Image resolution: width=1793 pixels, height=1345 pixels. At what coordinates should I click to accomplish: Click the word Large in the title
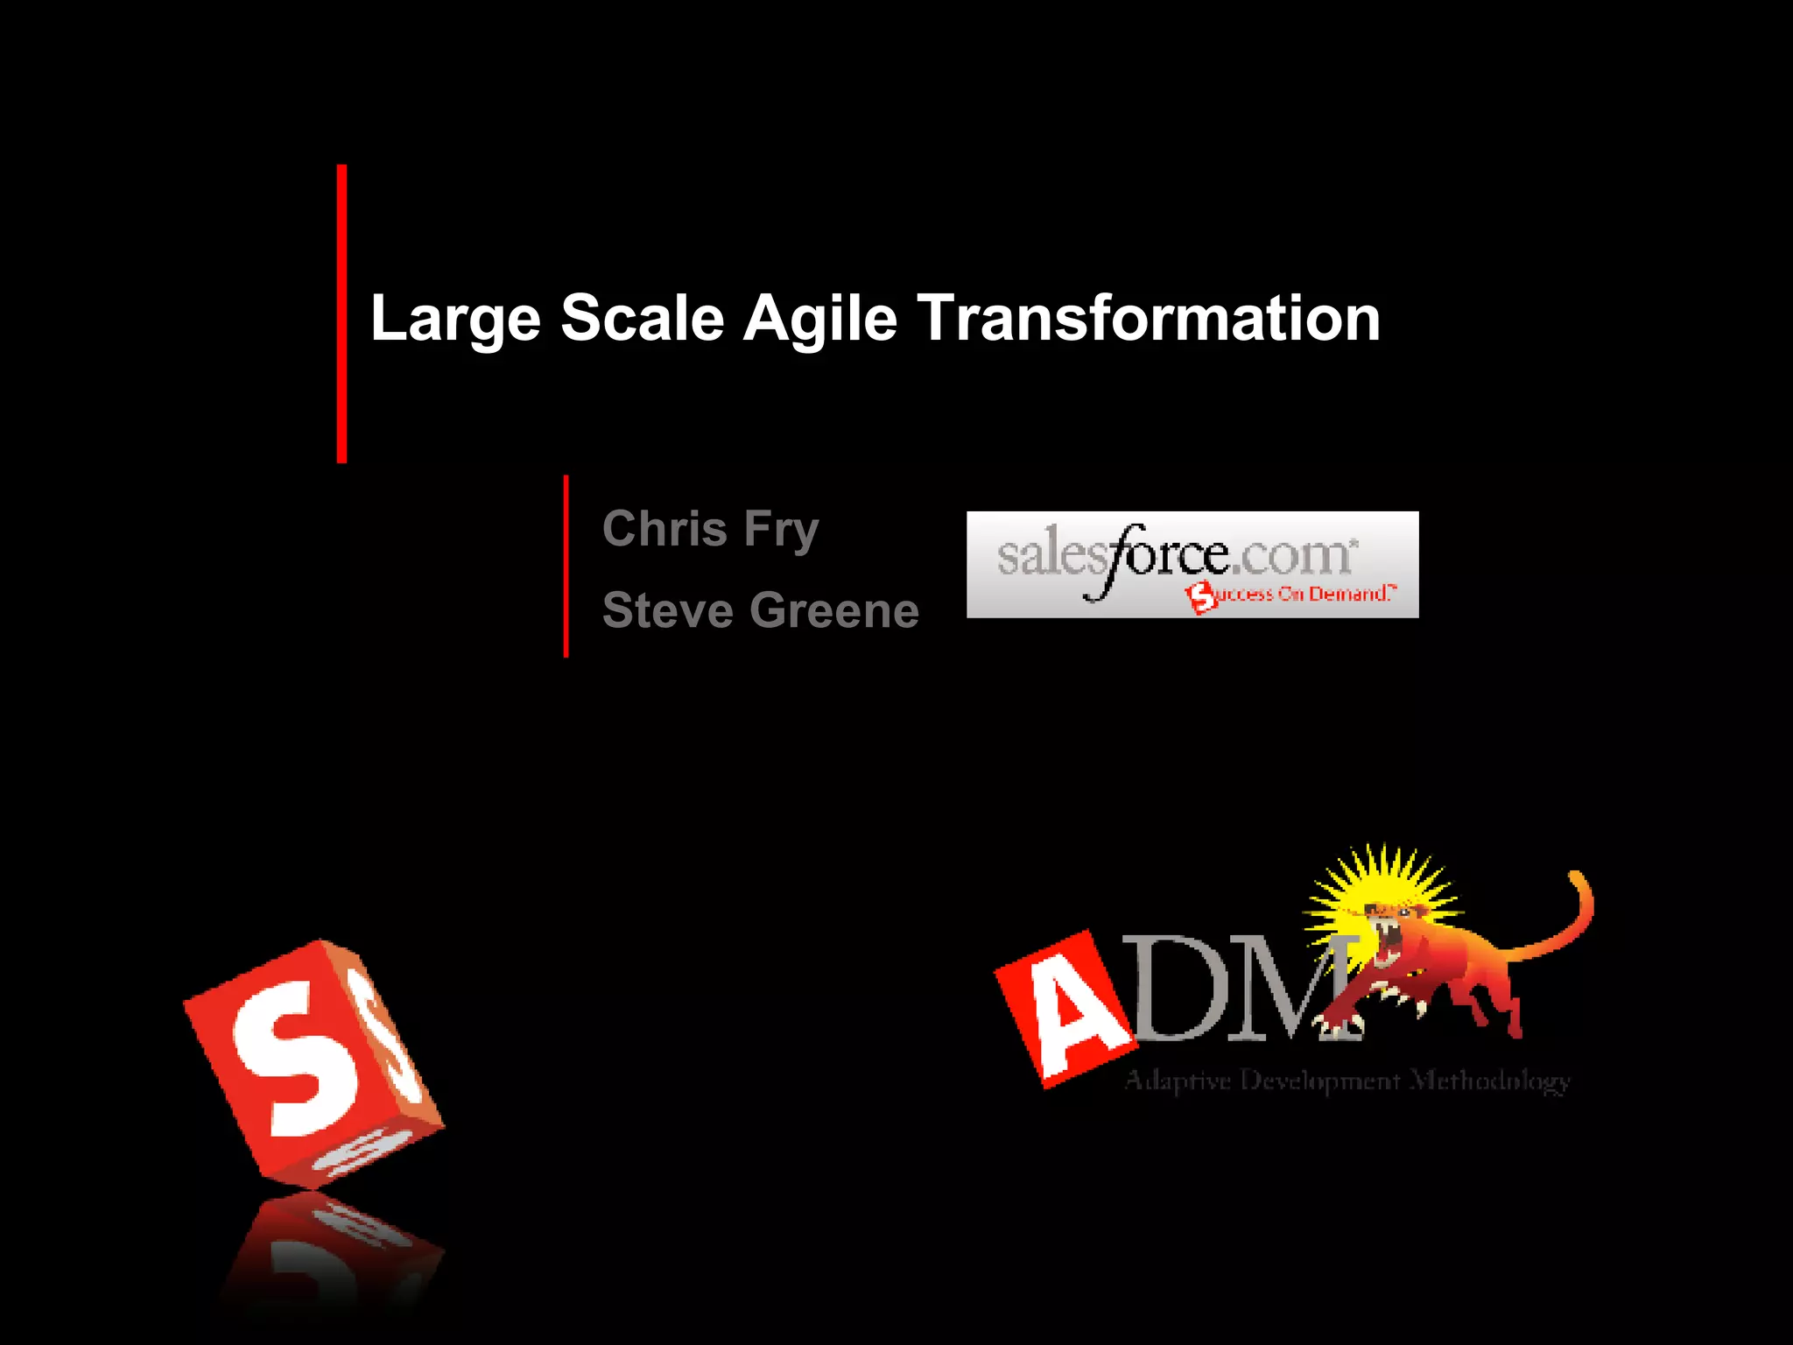455,320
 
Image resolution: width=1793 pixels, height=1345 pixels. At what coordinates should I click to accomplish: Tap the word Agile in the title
819,319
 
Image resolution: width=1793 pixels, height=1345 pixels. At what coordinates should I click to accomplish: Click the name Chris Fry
710,530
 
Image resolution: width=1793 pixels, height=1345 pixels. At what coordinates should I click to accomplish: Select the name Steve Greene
760,610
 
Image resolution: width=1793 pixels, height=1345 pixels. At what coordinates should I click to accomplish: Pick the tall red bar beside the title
341,313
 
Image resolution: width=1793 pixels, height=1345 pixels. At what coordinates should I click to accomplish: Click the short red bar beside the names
566,566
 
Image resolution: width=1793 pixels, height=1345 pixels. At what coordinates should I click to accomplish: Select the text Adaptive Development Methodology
1347,1081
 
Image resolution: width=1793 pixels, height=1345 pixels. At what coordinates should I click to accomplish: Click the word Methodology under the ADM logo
1490,1081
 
